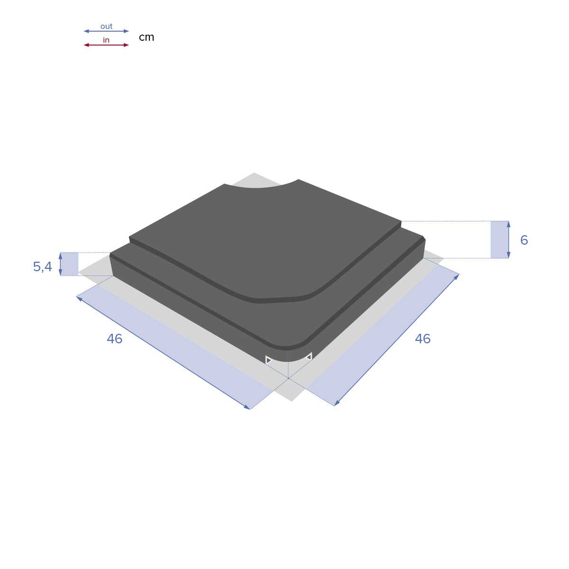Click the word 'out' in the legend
(x=106, y=26)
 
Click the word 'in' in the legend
(x=106, y=40)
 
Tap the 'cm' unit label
(x=147, y=37)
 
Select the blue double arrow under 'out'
(x=106, y=31)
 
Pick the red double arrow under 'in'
(x=106, y=45)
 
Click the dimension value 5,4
(x=42, y=267)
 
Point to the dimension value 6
(x=523, y=240)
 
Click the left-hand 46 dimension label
(x=114, y=339)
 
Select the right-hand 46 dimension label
(x=422, y=339)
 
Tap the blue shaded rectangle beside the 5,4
(x=70, y=264)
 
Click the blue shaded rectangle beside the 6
(x=499, y=239)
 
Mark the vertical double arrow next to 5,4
(x=60, y=264)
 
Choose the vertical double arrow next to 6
(x=508, y=239)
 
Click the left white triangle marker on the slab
(x=268, y=360)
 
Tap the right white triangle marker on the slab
(x=309, y=356)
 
